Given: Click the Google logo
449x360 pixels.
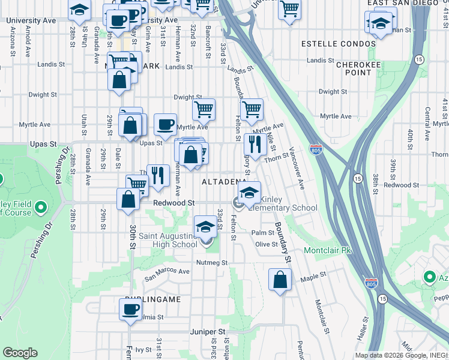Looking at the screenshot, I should tap(20, 353).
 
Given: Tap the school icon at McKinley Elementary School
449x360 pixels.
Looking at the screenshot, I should tap(249, 193).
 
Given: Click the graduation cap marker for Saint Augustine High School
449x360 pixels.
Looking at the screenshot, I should tap(205, 226).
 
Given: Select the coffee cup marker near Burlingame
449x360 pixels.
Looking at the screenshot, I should tap(130, 310).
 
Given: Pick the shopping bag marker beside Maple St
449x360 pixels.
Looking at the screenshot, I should tap(280, 280).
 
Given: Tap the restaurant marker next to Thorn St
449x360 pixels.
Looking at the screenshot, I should tap(255, 144).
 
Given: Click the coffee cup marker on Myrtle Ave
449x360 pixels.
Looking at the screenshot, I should tap(165, 124).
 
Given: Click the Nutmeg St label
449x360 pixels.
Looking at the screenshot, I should tap(212, 262).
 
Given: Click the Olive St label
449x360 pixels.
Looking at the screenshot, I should tap(266, 244).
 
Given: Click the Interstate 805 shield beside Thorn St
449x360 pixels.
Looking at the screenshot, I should tap(316, 149).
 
